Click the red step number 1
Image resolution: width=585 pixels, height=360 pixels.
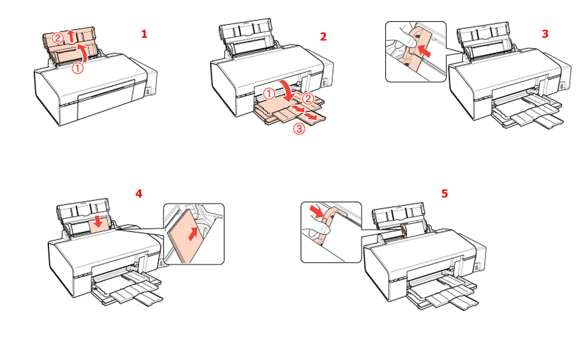[144, 34]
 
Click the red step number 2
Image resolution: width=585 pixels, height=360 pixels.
[323, 37]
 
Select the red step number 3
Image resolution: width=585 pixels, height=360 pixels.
[545, 34]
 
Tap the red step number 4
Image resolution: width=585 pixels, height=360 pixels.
[139, 193]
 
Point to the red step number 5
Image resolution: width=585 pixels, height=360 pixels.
[445, 193]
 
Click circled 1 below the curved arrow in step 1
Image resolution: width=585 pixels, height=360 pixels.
[77, 69]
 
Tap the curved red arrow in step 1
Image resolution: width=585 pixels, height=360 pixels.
[83, 53]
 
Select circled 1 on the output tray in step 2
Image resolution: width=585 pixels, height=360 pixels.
[269, 94]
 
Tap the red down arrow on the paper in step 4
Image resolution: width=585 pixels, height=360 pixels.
[98, 221]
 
